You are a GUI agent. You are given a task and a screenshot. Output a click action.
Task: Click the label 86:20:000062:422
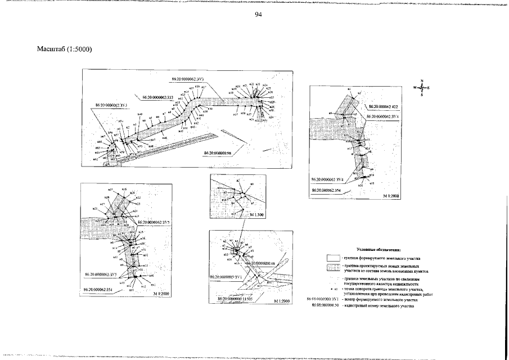(x=384, y=106)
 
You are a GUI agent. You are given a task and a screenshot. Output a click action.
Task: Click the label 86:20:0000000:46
(x=260, y=263)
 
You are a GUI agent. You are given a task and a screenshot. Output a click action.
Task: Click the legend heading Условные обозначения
(x=377, y=248)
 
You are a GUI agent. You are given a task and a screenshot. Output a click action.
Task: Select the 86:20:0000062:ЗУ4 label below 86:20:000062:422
(x=383, y=116)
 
